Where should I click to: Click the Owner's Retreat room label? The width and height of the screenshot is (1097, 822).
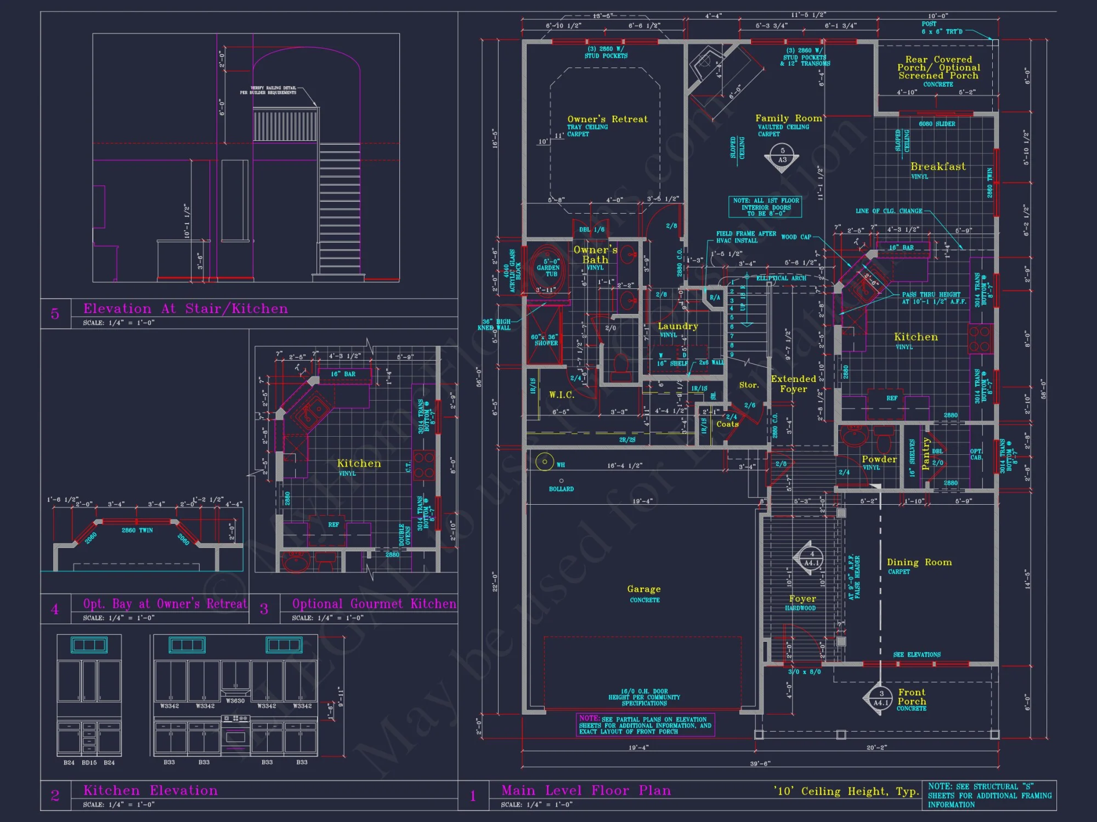pyautogui.click(x=607, y=119)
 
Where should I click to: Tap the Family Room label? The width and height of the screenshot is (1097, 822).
pyautogui.click(x=788, y=118)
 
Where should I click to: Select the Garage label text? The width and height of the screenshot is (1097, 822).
pyautogui.click(x=644, y=589)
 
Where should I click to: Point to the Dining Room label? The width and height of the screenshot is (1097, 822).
pyautogui.click(x=919, y=562)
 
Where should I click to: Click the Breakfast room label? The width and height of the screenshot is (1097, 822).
pyautogui.click(x=938, y=167)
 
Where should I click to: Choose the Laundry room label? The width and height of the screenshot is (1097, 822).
pyautogui.click(x=678, y=326)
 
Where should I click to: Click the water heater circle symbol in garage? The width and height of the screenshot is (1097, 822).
pyautogui.click(x=545, y=462)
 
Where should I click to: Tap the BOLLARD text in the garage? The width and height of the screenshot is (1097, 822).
pyautogui.click(x=561, y=489)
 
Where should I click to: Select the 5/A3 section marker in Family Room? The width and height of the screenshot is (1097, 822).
pyautogui.click(x=782, y=156)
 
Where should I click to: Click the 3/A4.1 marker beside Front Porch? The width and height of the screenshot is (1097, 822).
pyautogui.click(x=881, y=698)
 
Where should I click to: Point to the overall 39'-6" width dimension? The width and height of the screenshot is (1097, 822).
pyautogui.click(x=760, y=763)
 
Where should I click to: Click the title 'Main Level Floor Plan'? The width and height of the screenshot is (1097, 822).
pyautogui.click(x=586, y=791)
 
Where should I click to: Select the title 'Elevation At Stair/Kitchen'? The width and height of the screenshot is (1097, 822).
pyautogui.click(x=185, y=309)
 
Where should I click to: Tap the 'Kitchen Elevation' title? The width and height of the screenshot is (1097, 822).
pyautogui.click(x=150, y=790)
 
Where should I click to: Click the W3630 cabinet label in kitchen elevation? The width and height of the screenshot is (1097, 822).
pyautogui.click(x=235, y=701)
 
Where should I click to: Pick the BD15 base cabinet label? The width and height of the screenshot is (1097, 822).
pyautogui.click(x=89, y=763)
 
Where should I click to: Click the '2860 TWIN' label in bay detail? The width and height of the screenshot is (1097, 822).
pyautogui.click(x=137, y=530)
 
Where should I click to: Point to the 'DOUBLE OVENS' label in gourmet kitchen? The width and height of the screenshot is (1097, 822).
pyautogui.click(x=405, y=535)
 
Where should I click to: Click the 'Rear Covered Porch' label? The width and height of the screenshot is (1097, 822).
pyautogui.click(x=938, y=67)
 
